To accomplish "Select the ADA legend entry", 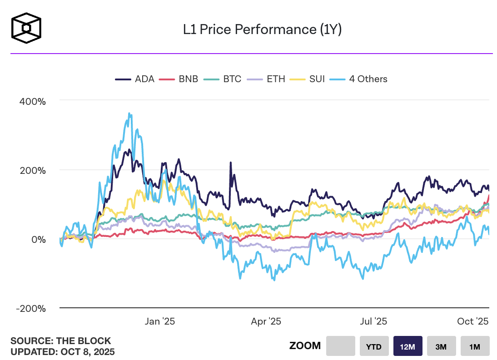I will (x=135, y=79).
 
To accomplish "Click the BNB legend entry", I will (x=179, y=79).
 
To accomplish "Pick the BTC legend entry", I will (x=223, y=79).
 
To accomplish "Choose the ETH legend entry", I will (x=267, y=79).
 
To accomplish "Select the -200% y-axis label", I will (x=31, y=309).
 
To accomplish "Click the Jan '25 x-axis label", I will (x=159, y=321).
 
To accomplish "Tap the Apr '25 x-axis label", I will (x=266, y=321).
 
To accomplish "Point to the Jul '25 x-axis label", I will (x=373, y=321).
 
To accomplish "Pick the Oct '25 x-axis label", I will (x=472, y=321).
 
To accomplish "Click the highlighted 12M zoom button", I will (x=408, y=346).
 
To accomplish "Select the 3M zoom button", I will (x=441, y=346).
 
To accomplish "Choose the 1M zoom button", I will (x=475, y=346).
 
